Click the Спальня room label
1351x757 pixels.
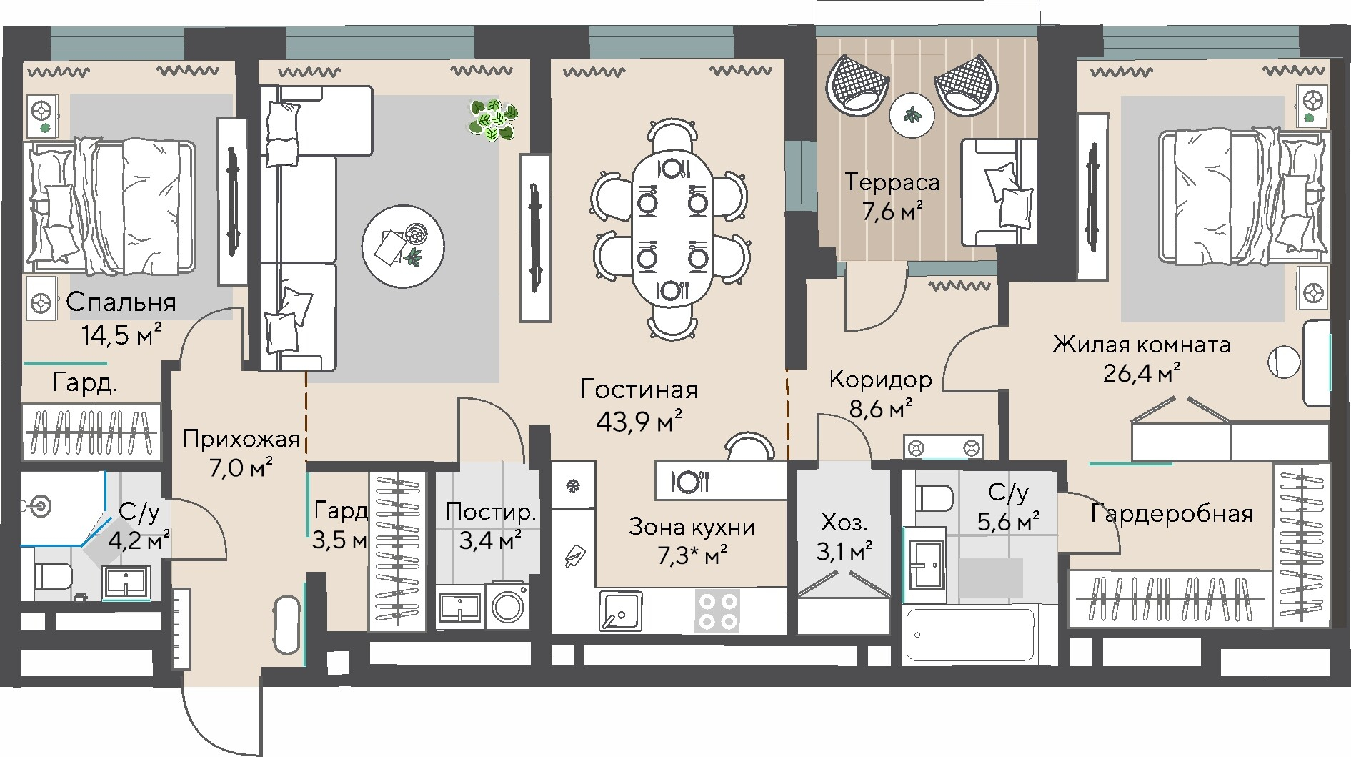pos(121,302)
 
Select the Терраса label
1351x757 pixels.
pos(892,182)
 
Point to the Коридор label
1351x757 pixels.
pos(880,379)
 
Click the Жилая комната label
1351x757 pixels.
pos(1141,345)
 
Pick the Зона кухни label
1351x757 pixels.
pos(692,528)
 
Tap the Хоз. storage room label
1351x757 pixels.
pos(844,523)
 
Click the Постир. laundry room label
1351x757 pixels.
pos(490,512)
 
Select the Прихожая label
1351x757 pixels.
pos(241,438)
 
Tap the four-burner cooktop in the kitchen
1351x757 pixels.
pos(717,611)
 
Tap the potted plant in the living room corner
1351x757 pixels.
pos(493,120)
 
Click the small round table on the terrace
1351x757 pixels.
pos(912,115)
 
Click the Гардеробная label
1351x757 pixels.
pos(1172,514)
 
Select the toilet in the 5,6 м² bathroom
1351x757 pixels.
pos(934,498)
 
